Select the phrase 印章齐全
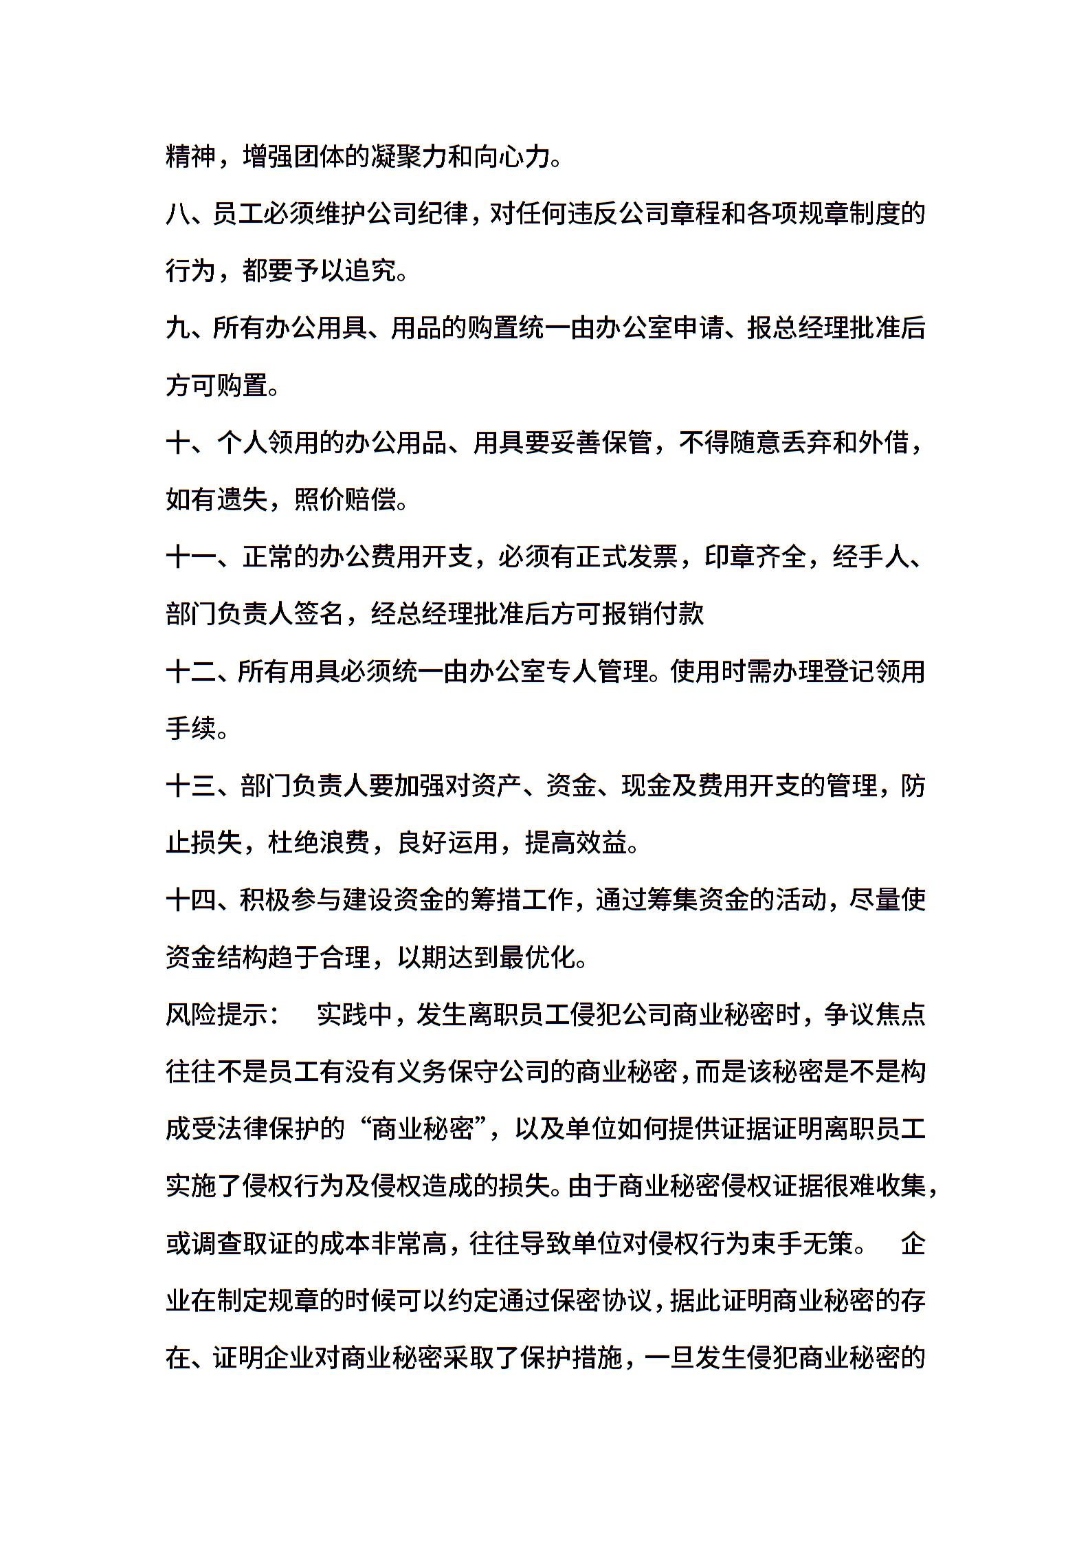[755, 557]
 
